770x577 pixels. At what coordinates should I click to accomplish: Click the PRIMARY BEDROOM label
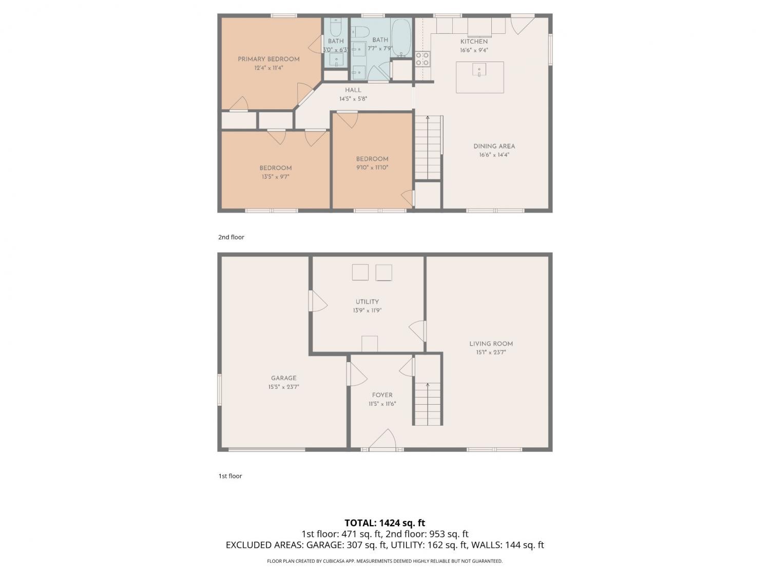click(x=268, y=59)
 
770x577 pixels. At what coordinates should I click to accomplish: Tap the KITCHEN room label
click(x=474, y=42)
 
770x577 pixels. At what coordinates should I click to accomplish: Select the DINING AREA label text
click(x=494, y=147)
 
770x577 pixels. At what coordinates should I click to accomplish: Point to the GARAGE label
click(x=283, y=378)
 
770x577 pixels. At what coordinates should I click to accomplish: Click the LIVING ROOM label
click(x=491, y=344)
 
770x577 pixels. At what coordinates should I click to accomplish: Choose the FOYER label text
click(x=382, y=395)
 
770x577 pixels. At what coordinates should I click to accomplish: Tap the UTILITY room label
click(x=367, y=302)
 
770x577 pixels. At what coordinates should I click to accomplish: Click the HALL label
click(x=353, y=90)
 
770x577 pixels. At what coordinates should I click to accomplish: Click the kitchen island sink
click(x=479, y=69)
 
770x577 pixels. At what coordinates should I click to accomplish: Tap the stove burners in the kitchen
click(x=422, y=59)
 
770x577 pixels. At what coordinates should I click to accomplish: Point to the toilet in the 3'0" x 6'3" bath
click(x=336, y=27)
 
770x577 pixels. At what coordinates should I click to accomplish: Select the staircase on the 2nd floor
click(x=428, y=148)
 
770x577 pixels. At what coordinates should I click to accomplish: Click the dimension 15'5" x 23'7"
click(x=283, y=387)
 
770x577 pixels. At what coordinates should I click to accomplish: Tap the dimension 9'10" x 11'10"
click(x=372, y=168)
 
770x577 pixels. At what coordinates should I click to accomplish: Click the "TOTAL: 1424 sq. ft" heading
click(x=384, y=523)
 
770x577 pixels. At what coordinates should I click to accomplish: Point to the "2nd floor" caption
click(x=231, y=237)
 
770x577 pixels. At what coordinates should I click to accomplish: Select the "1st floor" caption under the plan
click(x=230, y=476)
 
